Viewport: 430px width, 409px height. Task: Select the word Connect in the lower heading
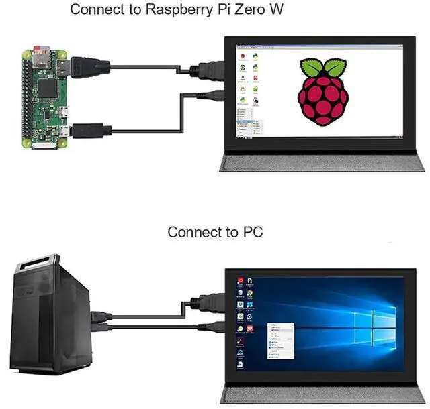193,233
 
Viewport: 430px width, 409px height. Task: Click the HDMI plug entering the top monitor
205,70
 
